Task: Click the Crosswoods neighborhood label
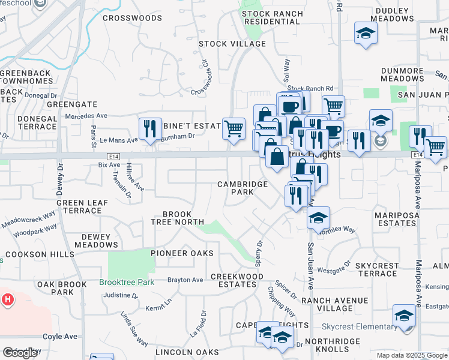(132, 18)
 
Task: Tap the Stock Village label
(232, 44)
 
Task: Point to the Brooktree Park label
(127, 282)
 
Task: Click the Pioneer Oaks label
(182, 254)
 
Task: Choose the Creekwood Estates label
(237, 281)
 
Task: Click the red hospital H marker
(8, 299)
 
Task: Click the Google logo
(19, 353)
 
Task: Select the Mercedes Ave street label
(86, 115)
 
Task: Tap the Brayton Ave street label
(185, 280)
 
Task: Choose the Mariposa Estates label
(387, 218)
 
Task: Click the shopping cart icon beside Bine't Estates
(234, 128)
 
